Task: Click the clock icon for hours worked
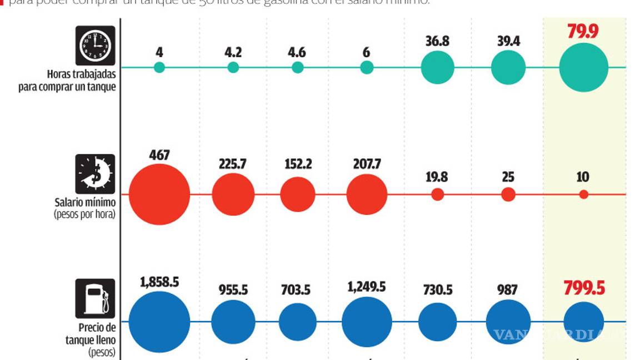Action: [95, 46]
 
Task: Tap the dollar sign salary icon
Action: [95, 174]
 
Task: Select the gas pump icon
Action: [95, 298]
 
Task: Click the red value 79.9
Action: [583, 31]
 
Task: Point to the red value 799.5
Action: [583, 288]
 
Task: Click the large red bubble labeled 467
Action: [159, 194]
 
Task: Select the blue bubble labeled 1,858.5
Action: [159, 322]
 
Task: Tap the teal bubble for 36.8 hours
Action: [438, 67]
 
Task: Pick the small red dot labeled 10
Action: [583, 194]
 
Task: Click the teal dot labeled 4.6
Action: [298, 67]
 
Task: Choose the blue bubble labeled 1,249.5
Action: [366, 322]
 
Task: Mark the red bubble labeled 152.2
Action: [298, 194]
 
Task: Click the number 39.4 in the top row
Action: [508, 41]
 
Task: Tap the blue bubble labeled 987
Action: [508, 322]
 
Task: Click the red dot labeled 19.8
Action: [438, 194]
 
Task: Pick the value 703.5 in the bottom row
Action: [296, 291]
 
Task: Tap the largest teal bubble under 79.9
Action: [583, 67]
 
